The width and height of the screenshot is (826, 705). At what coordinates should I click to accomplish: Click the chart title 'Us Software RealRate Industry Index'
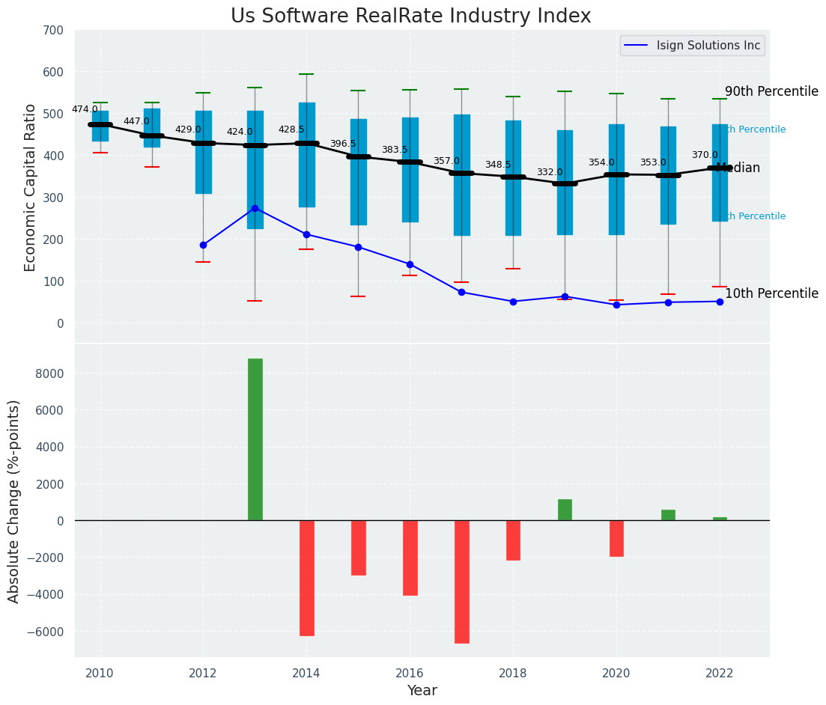[x=410, y=16]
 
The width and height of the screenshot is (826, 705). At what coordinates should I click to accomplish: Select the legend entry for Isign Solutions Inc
[x=708, y=46]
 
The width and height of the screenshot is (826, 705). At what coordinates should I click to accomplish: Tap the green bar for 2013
[x=255, y=439]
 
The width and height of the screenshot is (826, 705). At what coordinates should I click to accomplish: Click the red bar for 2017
[x=462, y=582]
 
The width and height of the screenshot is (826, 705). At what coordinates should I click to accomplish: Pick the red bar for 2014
[x=307, y=578]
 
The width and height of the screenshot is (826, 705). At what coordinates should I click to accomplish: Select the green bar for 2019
[x=565, y=510]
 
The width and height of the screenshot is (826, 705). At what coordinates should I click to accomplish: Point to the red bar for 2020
[x=616, y=538]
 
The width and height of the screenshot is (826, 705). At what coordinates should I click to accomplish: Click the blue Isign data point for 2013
[x=255, y=208]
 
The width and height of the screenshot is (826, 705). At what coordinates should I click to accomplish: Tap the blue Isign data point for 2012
[x=203, y=245]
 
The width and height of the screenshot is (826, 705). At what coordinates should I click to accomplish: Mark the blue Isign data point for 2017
[x=461, y=292]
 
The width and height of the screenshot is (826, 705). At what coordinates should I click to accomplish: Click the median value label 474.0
[x=85, y=109]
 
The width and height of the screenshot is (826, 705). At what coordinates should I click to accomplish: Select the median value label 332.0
[x=549, y=172]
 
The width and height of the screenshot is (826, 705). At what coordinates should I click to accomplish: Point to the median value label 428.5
[x=291, y=129]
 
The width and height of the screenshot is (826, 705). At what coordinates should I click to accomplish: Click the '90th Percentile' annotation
[x=771, y=91]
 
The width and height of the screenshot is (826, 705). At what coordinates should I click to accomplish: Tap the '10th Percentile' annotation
[x=771, y=293]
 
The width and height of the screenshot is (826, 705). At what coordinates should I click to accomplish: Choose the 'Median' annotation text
[x=738, y=168]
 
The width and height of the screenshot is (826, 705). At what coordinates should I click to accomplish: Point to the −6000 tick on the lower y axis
[x=45, y=632]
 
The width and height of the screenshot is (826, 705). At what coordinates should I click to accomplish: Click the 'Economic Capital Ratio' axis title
[x=31, y=187]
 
